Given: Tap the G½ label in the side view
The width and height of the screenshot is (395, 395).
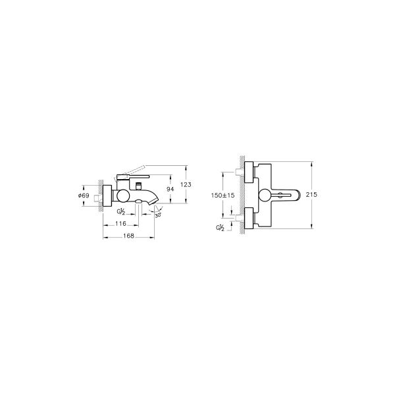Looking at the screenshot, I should tap(121, 212).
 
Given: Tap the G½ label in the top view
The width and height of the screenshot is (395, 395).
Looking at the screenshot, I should tap(219, 228).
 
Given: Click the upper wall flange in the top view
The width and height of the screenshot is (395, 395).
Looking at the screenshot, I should tap(250, 173).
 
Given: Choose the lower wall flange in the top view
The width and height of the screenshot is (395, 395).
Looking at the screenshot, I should tap(250, 217).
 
